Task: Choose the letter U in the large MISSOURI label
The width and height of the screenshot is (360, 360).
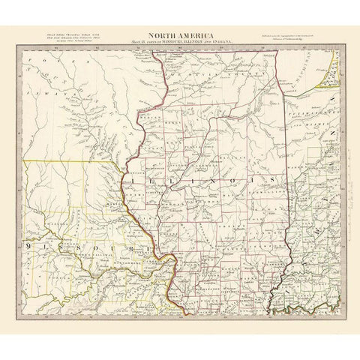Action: click(x=106, y=245)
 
